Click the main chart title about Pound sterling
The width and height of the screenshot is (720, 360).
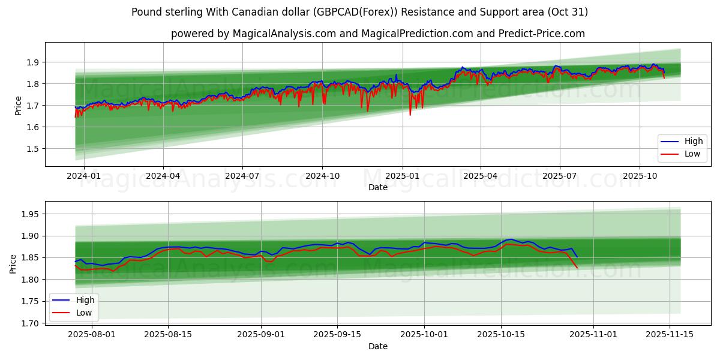point(359,12)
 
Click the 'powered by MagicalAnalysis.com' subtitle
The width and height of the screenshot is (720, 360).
point(377,34)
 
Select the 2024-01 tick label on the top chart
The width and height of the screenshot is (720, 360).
point(84,176)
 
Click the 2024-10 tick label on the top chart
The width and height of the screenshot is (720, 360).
point(322,176)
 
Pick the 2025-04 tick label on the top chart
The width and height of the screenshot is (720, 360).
point(481,176)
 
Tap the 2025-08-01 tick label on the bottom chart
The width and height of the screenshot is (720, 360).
point(83,335)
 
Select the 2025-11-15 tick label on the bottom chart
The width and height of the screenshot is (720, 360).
point(669,335)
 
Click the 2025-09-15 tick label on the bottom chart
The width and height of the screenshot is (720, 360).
point(337,335)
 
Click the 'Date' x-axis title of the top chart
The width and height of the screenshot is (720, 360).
point(377,187)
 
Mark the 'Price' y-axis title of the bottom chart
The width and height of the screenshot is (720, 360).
point(13,263)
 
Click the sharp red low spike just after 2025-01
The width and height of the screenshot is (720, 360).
point(410,114)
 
